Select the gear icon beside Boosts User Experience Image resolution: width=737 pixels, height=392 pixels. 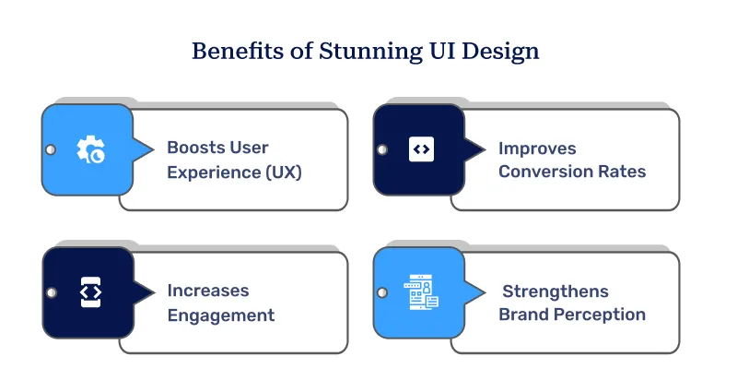pos(89,149)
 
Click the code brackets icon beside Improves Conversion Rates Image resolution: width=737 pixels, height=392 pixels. pos(421,148)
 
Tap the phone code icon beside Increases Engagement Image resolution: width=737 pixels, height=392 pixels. pos(89,292)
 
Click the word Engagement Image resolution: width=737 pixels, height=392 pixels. pos(221,315)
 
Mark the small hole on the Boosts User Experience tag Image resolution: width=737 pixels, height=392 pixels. pos(51,149)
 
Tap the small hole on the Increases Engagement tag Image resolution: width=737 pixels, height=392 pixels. pos(51,292)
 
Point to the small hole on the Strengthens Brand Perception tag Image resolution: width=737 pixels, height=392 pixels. pos(382,292)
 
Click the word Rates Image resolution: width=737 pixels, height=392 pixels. pos(620,172)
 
